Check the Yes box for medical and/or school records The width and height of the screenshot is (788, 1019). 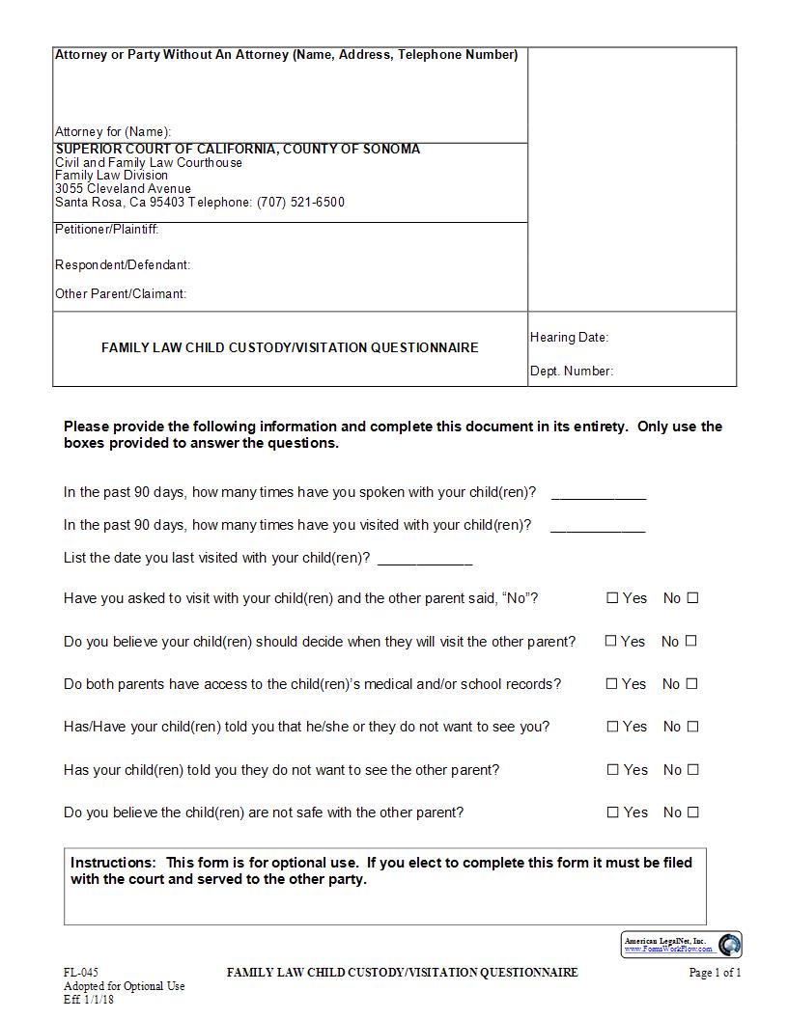coord(611,684)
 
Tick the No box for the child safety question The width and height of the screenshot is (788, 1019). coord(692,812)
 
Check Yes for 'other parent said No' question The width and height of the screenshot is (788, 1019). coord(612,598)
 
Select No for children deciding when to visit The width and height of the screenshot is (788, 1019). coord(690,641)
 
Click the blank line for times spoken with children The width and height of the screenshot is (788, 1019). coord(598,495)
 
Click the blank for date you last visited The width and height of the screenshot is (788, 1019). coord(425,561)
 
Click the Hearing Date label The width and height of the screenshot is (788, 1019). coord(569,338)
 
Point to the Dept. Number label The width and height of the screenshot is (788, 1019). coord(572,372)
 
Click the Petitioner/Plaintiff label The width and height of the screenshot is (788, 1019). coord(106,230)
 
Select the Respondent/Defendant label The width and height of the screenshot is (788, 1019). coord(123,264)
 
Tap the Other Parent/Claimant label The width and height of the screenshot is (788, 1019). coord(121,294)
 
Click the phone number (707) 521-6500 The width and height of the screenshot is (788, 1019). coord(300,203)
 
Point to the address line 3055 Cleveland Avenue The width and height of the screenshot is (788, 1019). coord(123,189)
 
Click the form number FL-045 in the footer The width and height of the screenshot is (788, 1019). coord(81,973)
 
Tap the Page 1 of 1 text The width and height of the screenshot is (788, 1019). coord(715,973)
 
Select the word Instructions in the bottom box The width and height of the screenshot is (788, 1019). coord(112,863)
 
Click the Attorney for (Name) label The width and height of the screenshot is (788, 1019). coord(113,131)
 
